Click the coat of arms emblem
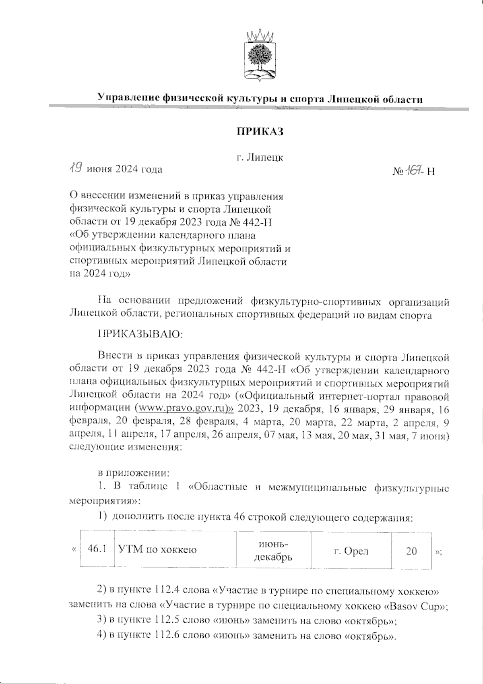260,54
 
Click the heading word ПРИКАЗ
260,131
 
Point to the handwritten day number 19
75,168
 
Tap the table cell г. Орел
351,550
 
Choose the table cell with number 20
411,550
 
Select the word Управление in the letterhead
128,98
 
